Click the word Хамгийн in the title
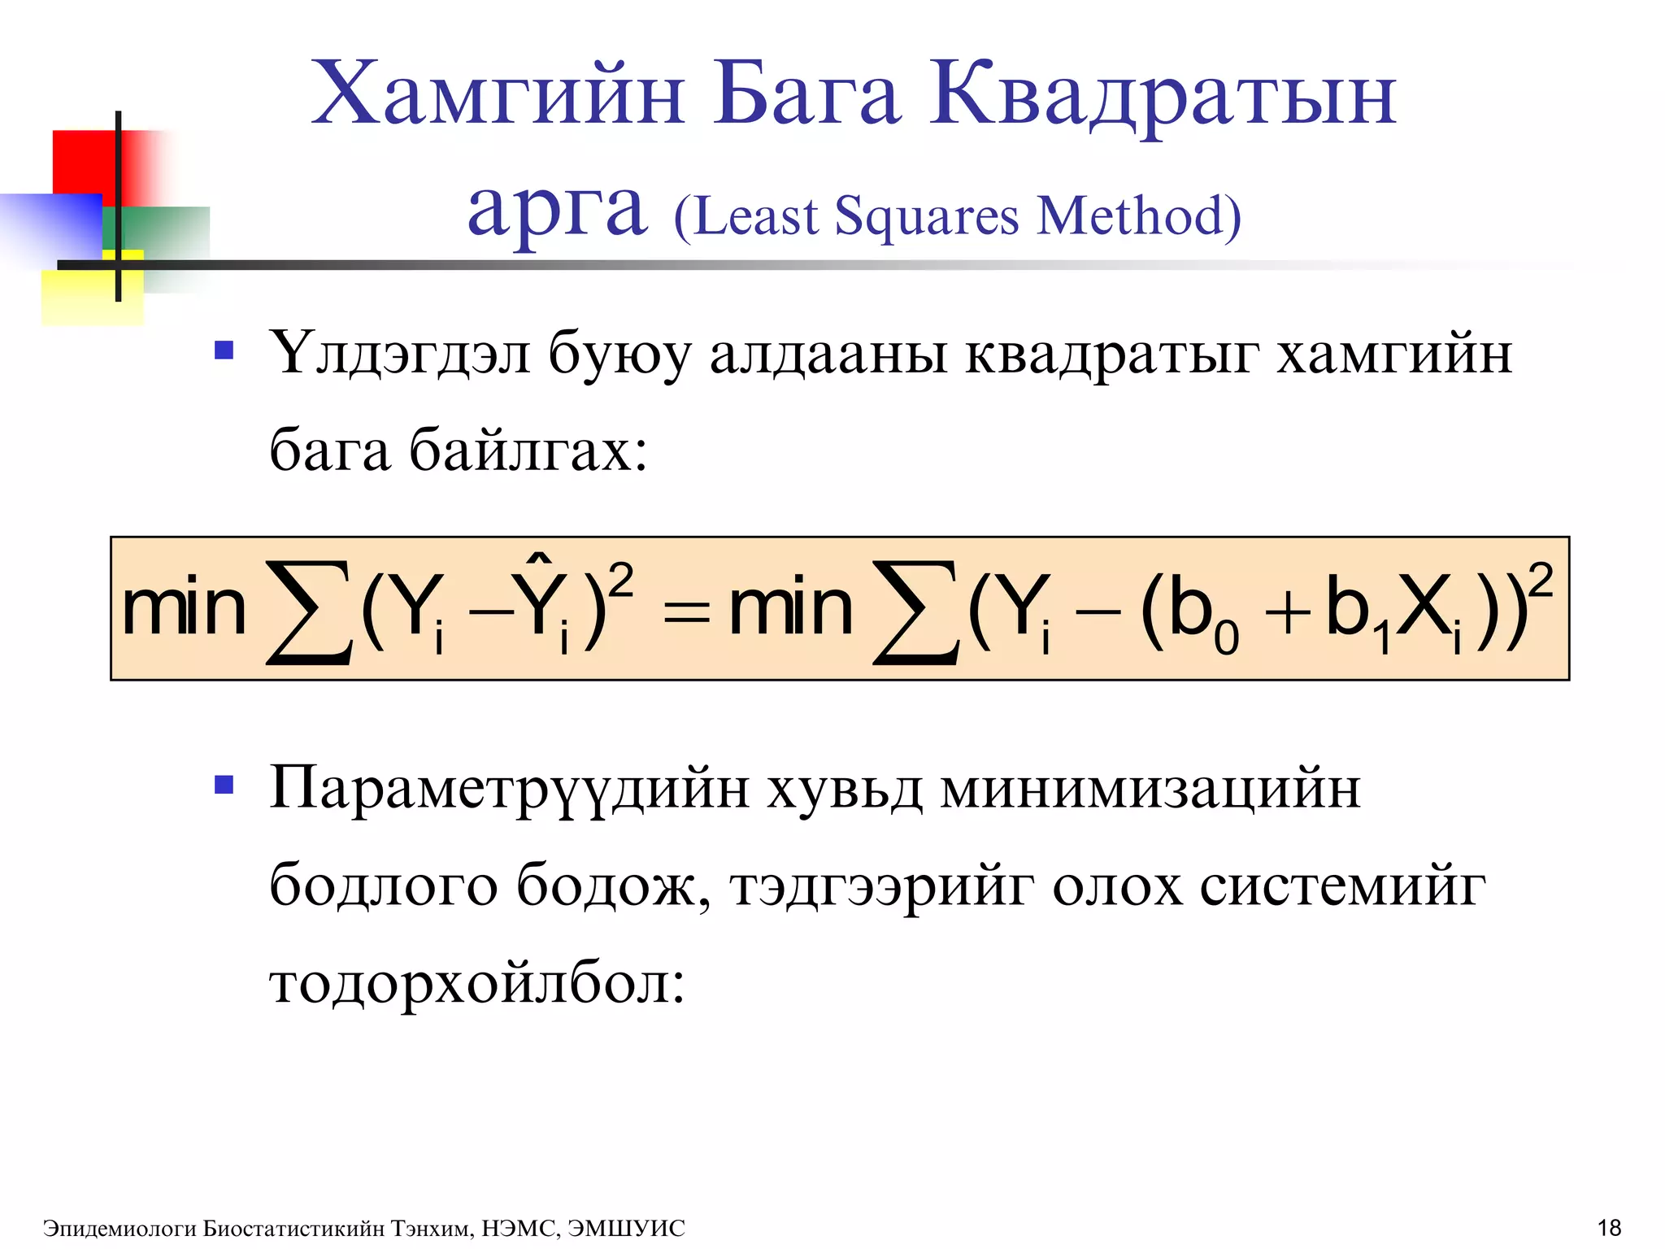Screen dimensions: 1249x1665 pos(498,96)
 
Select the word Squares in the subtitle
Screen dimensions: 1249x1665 pos(927,218)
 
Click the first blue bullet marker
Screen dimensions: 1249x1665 pos(224,351)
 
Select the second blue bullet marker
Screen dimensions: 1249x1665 pos(224,786)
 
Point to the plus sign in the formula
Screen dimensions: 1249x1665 pos(1288,612)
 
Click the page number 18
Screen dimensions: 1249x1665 pos(1609,1227)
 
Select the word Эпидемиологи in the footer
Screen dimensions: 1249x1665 pos(120,1228)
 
